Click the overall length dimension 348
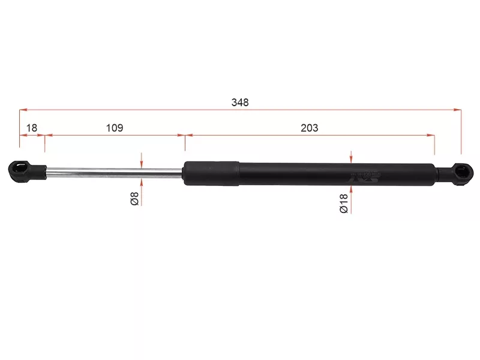point(239,102)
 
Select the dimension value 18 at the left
point(32,127)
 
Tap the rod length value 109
point(115,127)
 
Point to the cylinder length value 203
point(310,127)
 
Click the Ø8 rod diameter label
point(135,199)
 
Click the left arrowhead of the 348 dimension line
point(22,110)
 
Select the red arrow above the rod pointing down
point(141,163)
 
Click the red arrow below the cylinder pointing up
point(351,190)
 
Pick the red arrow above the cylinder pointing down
point(351,158)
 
